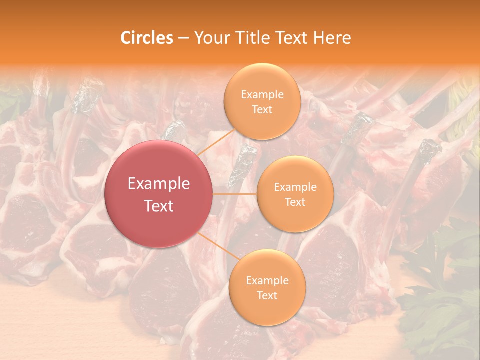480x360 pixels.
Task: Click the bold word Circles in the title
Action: pyautogui.click(x=146, y=38)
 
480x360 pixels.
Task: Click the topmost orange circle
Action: pyautogui.click(x=262, y=101)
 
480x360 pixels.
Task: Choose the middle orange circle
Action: pyautogui.click(x=295, y=194)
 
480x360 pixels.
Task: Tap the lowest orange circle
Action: pyautogui.click(x=267, y=287)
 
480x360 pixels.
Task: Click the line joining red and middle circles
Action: pyautogui.click(x=235, y=194)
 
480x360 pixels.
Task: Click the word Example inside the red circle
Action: pyautogui.click(x=159, y=183)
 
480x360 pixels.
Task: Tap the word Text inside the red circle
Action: pyautogui.click(x=159, y=205)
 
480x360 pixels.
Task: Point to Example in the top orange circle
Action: pyautogui.click(x=262, y=94)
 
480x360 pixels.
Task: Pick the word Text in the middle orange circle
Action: pyautogui.click(x=295, y=202)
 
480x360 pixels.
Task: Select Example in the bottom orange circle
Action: pyautogui.click(x=267, y=280)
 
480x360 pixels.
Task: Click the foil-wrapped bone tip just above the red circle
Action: pyautogui.click(x=175, y=131)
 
